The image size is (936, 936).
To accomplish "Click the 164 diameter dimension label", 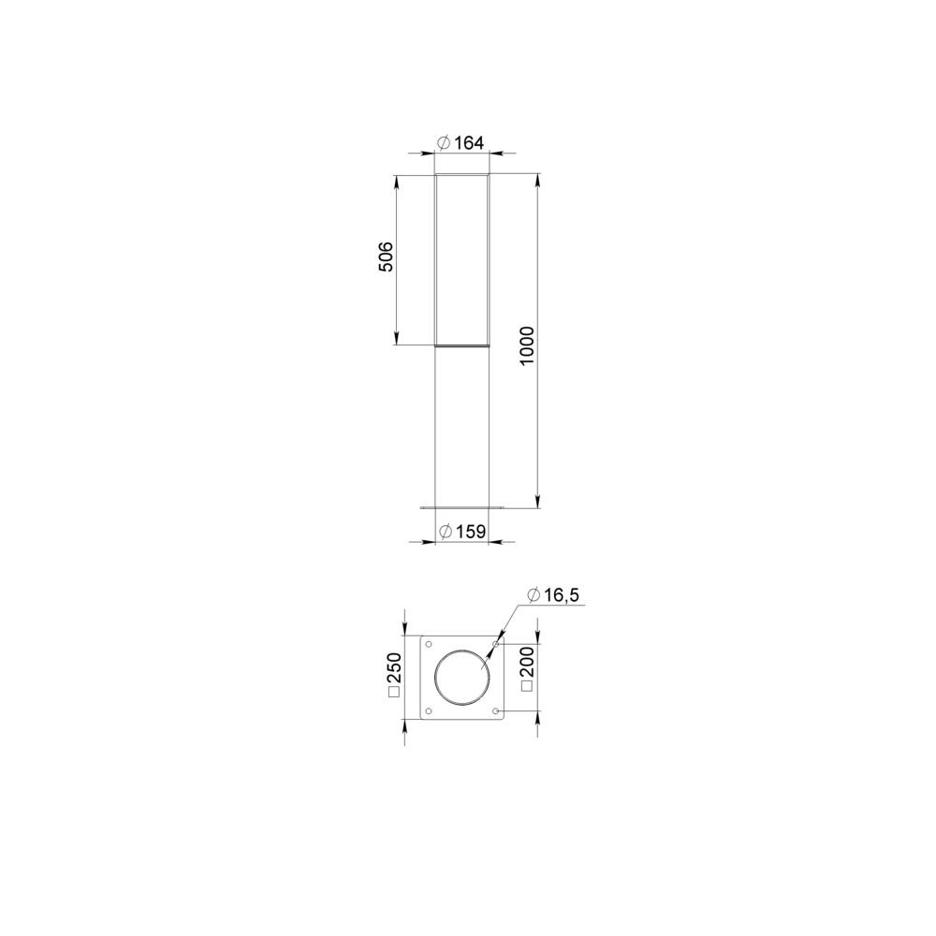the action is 461,143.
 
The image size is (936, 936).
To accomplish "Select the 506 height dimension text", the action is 387,256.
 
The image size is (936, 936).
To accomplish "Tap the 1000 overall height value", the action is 527,346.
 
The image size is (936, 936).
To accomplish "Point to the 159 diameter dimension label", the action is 462,532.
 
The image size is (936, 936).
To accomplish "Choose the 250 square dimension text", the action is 395,675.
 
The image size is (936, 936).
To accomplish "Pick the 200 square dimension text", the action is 527,668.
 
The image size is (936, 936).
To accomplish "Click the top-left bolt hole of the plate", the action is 429,644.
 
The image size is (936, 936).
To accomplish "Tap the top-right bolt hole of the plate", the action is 496,644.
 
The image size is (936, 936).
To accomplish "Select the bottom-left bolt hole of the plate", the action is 429,711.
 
